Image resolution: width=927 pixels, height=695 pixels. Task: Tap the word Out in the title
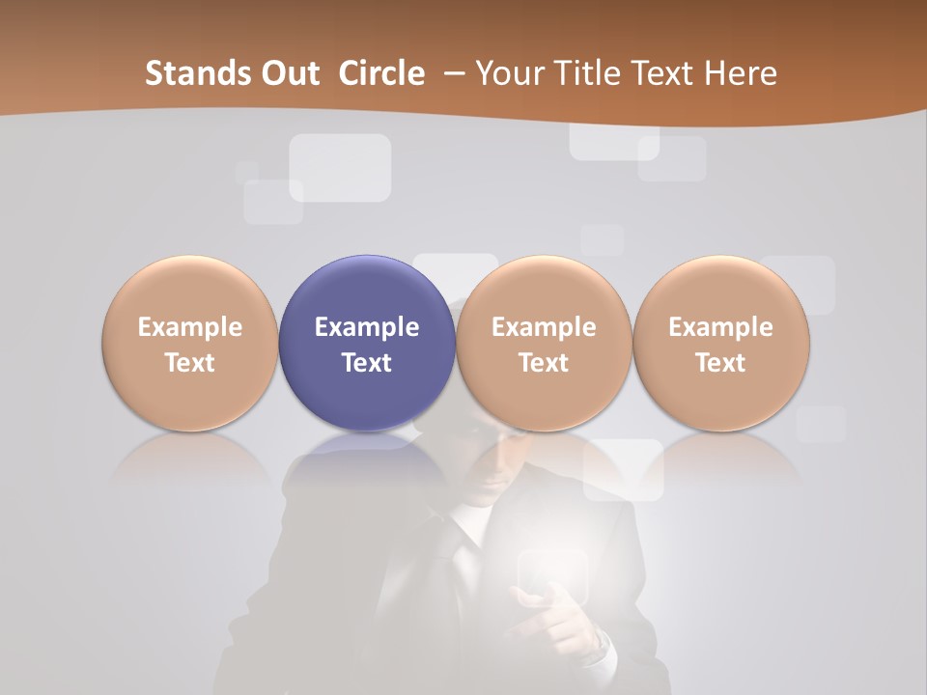point(287,73)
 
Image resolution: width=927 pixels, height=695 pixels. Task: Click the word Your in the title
point(508,73)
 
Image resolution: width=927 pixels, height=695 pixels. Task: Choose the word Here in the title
point(741,73)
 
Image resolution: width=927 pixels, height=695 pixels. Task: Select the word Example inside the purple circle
point(367,327)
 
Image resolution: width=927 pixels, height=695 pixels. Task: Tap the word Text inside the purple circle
point(367,363)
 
